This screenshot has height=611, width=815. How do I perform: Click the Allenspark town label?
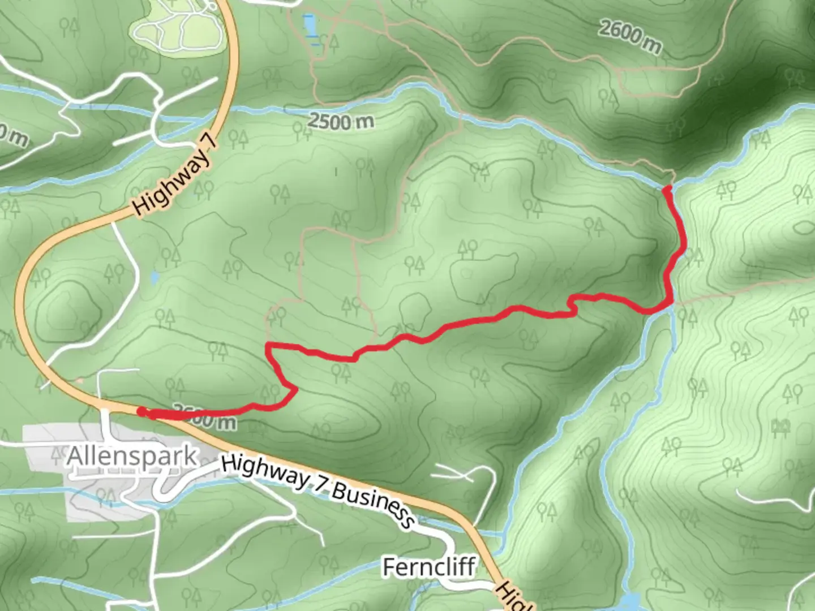132,456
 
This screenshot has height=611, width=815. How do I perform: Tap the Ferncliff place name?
429,566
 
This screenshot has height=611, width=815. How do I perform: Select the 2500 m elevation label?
341,121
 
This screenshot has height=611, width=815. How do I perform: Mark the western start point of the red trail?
141,411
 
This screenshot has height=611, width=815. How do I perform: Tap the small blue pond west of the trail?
155,277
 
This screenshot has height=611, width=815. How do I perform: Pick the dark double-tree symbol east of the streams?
780,428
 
